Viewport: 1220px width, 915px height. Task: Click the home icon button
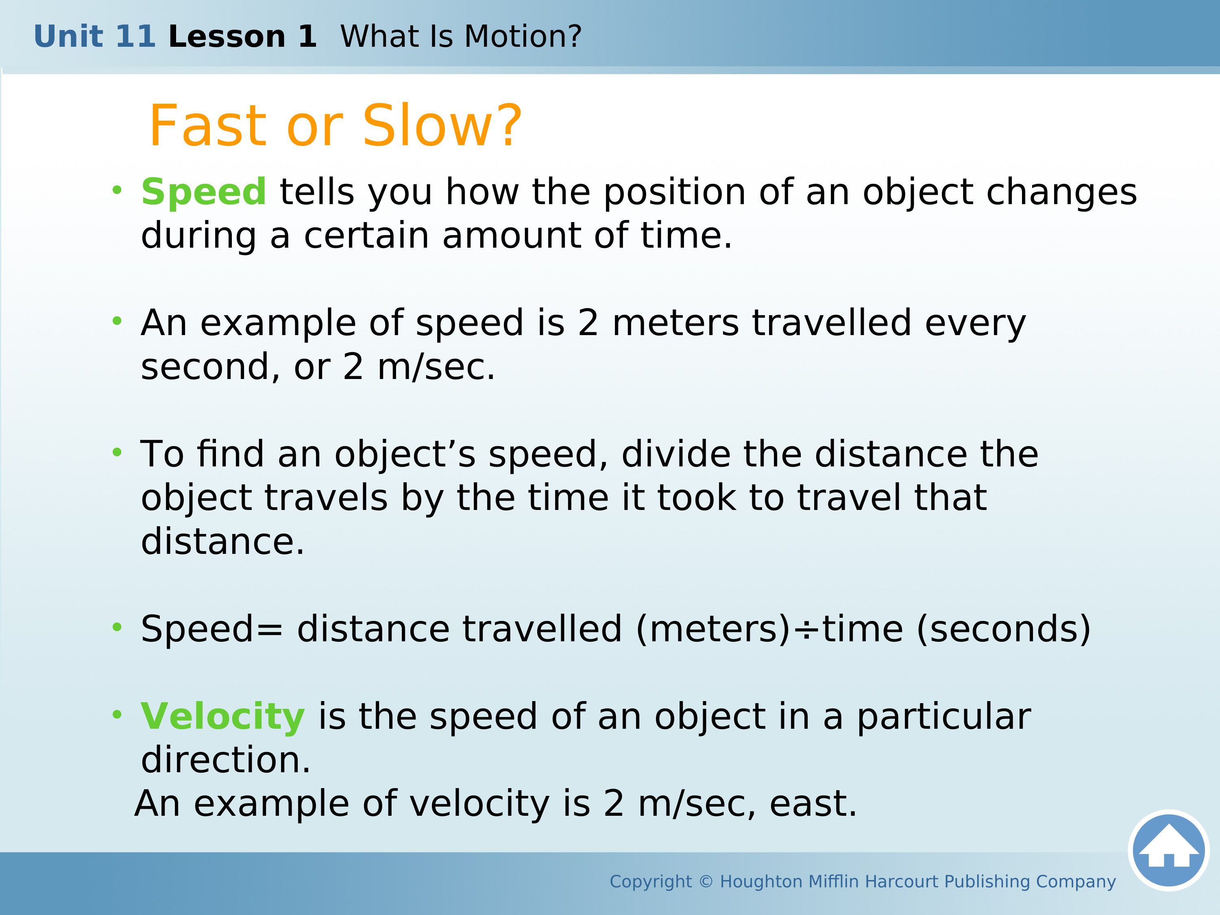point(1169,850)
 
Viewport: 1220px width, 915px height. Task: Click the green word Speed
point(203,192)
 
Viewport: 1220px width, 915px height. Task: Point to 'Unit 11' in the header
point(95,37)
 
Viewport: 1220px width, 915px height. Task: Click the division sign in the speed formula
point(806,629)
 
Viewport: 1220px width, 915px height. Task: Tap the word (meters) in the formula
point(714,629)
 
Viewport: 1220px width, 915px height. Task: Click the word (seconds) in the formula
point(1003,629)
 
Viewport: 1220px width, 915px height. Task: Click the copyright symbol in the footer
point(706,881)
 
